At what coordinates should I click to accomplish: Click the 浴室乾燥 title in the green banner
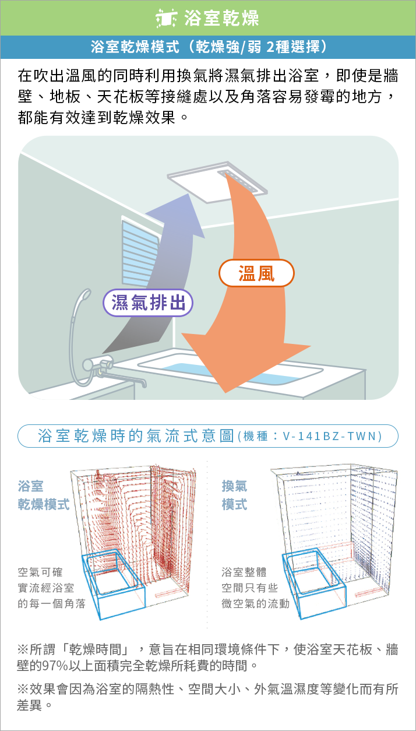(221, 18)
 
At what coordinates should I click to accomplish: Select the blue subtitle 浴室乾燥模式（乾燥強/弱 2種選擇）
(208, 47)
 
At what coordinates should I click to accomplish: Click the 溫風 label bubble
(256, 273)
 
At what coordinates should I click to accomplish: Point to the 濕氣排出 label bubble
(148, 303)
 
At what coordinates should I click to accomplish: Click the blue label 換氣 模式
(234, 495)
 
